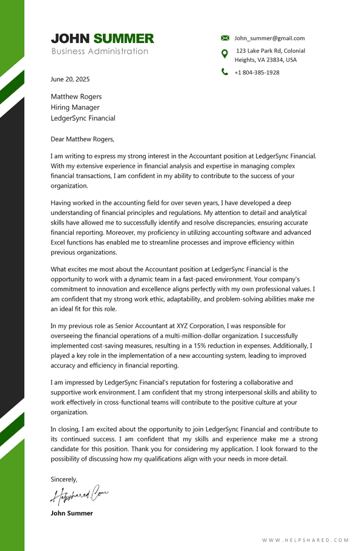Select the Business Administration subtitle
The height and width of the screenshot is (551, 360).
click(100, 51)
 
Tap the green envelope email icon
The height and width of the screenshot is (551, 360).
click(225, 38)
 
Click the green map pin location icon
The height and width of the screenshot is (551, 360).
click(225, 54)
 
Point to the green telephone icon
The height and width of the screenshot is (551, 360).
click(225, 72)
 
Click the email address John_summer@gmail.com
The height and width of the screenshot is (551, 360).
click(269, 38)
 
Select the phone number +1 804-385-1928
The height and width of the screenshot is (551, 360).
click(257, 73)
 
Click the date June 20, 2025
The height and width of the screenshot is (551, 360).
click(70, 79)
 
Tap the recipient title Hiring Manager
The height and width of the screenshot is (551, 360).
click(75, 108)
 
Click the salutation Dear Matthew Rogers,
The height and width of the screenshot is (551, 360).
click(82, 139)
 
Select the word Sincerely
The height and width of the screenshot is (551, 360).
click(64, 480)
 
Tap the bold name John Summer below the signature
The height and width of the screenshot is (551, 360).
click(72, 513)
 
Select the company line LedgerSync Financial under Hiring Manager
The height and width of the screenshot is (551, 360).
click(83, 119)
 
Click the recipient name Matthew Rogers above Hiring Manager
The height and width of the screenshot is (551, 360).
click(76, 97)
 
